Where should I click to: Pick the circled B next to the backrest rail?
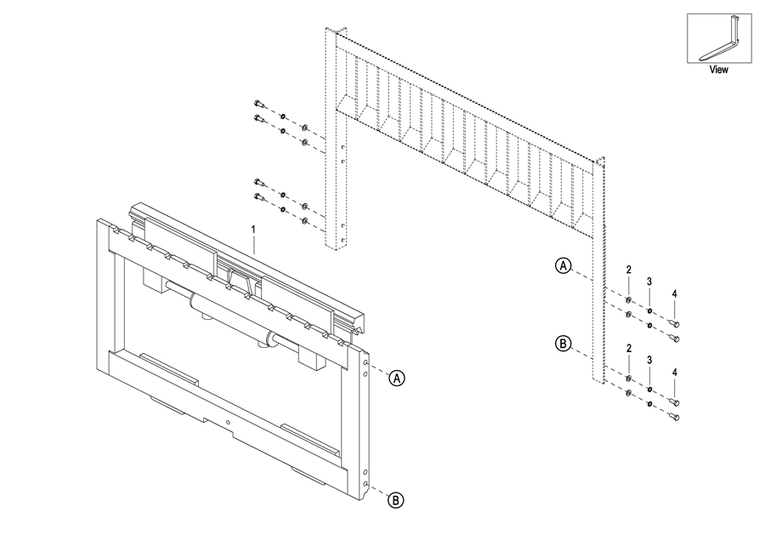[563, 344]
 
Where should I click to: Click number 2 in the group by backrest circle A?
[628, 270]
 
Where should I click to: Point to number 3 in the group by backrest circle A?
[649, 282]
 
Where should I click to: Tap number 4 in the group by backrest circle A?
[674, 293]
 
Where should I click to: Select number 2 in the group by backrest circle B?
[628, 349]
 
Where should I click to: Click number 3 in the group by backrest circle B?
[649, 360]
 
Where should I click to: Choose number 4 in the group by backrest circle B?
[674, 372]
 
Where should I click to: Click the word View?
[719, 71]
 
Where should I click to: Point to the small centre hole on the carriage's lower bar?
[229, 423]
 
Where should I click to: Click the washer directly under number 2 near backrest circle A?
[628, 300]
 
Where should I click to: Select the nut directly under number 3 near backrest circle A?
[649, 311]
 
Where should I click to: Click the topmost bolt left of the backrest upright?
[258, 105]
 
